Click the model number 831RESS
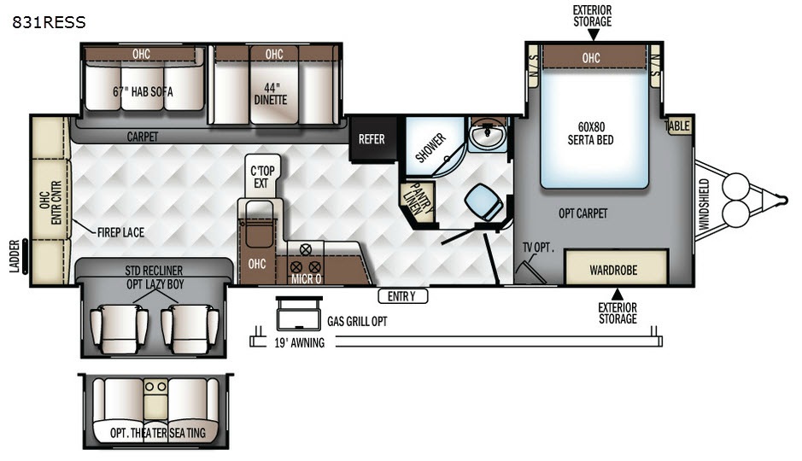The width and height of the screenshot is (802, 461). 49,22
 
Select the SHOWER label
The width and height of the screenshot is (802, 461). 430,148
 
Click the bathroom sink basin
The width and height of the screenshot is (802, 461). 487,136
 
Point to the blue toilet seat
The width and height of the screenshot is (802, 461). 484,201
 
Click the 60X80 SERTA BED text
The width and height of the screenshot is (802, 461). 591,133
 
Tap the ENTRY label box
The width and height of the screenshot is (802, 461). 402,296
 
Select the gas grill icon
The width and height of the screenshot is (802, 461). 299,314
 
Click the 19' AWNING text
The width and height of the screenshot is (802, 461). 299,343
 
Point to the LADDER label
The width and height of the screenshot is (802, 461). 15,256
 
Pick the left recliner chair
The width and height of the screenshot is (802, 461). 120,329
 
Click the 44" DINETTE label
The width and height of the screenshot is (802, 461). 271,94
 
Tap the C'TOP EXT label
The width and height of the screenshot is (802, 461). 262,177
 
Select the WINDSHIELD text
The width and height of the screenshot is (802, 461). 705,204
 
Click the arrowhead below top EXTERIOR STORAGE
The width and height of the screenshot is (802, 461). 594,35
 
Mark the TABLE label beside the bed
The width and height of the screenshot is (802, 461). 677,125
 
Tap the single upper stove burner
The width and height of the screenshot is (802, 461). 306,250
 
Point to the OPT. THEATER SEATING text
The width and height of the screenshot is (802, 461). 157,433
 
